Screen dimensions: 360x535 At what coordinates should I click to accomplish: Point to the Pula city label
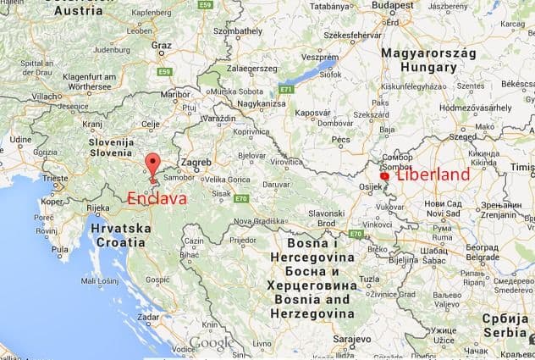tap(59, 250)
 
